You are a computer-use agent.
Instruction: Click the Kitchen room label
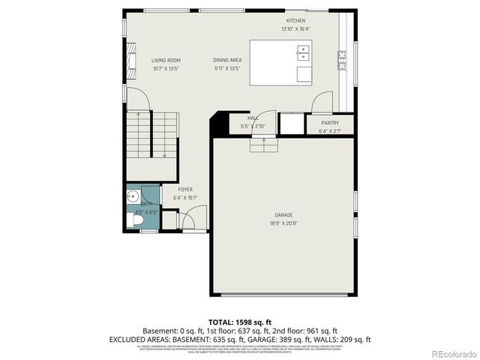pyautogui.click(x=295, y=20)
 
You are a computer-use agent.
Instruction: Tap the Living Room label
pyautogui.click(x=166, y=61)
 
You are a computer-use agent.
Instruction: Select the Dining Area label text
pyautogui.click(x=226, y=61)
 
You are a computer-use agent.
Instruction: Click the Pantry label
pyautogui.click(x=329, y=123)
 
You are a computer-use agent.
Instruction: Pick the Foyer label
pyautogui.click(x=185, y=190)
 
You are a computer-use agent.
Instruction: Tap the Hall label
pyautogui.click(x=253, y=118)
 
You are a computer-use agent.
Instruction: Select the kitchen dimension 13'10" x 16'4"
pyautogui.click(x=295, y=28)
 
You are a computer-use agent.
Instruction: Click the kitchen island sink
pyautogui.click(x=304, y=52)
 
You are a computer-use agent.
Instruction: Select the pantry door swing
pyautogui.click(x=323, y=101)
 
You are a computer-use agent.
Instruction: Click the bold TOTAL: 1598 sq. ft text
pyautogui.click(x=241, y=321)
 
